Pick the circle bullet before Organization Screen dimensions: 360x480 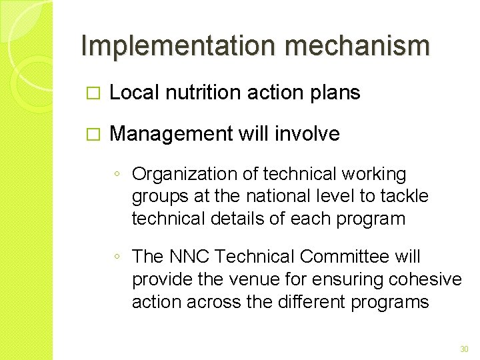point(117,175)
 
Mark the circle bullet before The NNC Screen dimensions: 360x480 point(117,257)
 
